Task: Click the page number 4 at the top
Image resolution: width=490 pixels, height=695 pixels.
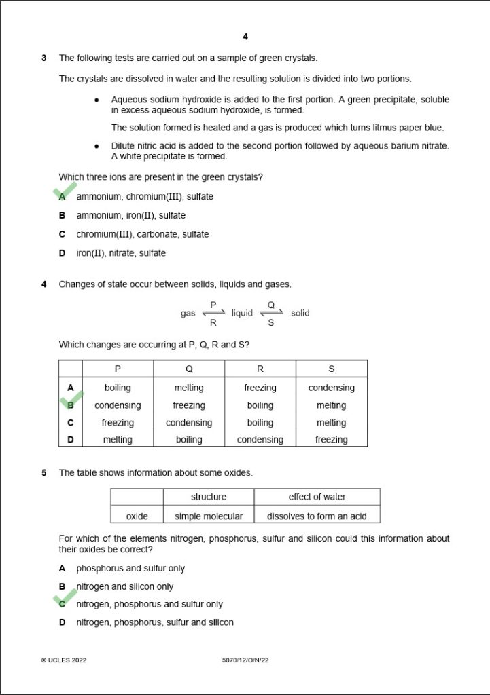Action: [245, 37]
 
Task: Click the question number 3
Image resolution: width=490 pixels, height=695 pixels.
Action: [44, 58]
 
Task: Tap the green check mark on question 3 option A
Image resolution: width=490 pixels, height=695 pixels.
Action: [65, 191]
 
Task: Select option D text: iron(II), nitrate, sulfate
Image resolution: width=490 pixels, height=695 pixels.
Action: [120, 253]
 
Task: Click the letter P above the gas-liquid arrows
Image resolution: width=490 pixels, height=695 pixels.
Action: [213, 305]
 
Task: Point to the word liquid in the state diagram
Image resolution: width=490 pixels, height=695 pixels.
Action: [241, 314]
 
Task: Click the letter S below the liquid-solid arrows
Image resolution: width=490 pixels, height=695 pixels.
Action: [271, 323]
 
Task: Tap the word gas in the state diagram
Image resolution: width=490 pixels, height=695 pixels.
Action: [188, 314]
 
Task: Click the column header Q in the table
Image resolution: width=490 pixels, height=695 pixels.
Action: [189, 369]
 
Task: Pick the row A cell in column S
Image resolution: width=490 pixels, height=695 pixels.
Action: [331, 388]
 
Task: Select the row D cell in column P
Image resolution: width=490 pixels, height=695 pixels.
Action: [118, 440]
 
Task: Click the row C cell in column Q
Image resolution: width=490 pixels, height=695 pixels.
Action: [189, 423]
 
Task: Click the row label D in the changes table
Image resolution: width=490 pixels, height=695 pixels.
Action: [70, 440]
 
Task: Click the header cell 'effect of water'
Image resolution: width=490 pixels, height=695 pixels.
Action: [317, 497]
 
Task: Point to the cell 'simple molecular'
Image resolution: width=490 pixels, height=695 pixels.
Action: [209, 516]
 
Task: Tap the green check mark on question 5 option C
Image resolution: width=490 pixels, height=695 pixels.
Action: [65, 599]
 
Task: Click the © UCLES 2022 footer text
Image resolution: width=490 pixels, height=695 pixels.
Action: [64, 660]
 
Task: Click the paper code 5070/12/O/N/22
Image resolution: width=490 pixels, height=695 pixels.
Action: [245, 660]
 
